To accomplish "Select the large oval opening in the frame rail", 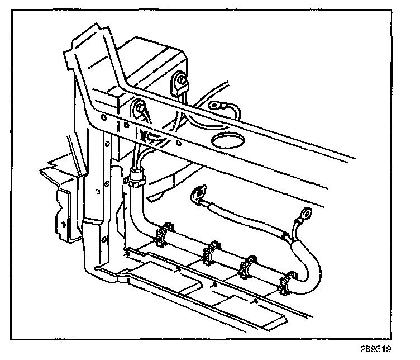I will pyautogui.click(x=228, y=139).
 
